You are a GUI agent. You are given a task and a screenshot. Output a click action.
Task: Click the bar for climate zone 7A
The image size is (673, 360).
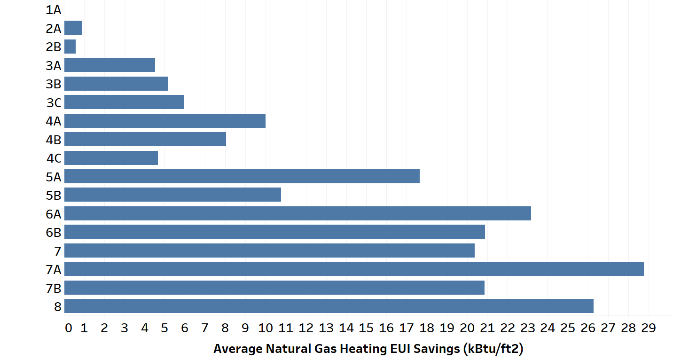pos(353,269)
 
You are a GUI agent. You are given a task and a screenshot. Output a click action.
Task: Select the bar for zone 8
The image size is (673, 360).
pos(329,306)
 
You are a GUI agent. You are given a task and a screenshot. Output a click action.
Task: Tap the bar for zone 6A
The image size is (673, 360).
pos(297,213)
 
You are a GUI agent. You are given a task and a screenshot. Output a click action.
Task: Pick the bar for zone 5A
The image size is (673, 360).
pos(242,176)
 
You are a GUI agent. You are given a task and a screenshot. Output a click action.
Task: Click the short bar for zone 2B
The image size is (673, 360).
pos(70,47)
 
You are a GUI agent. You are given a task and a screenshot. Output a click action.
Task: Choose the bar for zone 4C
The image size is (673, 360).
pos(111,158)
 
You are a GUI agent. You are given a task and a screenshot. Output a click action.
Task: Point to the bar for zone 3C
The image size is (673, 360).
pos(124,102)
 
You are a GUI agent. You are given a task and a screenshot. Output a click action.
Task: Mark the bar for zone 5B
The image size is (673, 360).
pos(172,195)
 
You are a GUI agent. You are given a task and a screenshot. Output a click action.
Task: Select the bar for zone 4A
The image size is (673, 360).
pos(164,121)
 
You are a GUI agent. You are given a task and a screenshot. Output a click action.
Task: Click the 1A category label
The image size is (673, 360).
pos(54,10)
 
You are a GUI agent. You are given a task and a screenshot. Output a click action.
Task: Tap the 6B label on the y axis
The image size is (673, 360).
pos(54,232)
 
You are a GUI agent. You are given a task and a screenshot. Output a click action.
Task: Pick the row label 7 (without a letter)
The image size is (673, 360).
pos(57,251)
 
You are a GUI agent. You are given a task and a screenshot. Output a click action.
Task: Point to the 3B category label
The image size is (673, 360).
pos(54,84)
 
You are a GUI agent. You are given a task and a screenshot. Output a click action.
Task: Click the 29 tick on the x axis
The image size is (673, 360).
pos(648,328)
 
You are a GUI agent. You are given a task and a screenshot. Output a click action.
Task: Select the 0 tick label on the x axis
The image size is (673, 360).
pos(69,328)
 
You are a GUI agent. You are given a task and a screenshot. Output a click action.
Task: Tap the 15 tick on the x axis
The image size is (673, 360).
pos(366,328)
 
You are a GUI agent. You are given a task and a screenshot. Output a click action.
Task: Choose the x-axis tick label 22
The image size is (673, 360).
pos(507,328)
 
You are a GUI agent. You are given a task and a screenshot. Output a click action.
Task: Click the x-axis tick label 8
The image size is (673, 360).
pos(225,328)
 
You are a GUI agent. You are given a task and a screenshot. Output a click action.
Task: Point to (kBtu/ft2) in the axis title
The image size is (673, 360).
pos(493,349)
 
